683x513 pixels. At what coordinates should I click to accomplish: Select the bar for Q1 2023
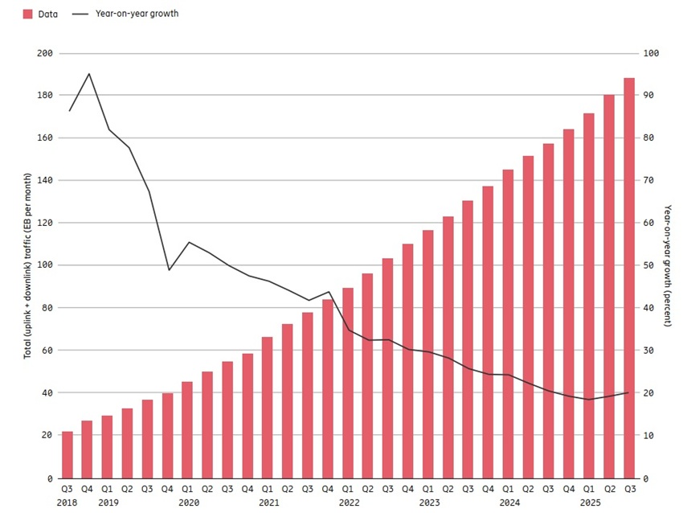[428, 354]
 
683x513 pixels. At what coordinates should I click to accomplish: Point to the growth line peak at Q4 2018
[88, 74]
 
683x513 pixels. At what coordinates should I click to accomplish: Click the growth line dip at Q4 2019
[169, 269]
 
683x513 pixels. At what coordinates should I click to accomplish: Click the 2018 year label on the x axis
[67, 502]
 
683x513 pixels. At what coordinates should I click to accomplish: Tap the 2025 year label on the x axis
[590, 502]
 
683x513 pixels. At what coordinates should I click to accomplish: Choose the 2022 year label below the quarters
[349, 502]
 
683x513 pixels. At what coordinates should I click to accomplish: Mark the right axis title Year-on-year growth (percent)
[668, 265]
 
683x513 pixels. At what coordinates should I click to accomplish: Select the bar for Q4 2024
[569, 303]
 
